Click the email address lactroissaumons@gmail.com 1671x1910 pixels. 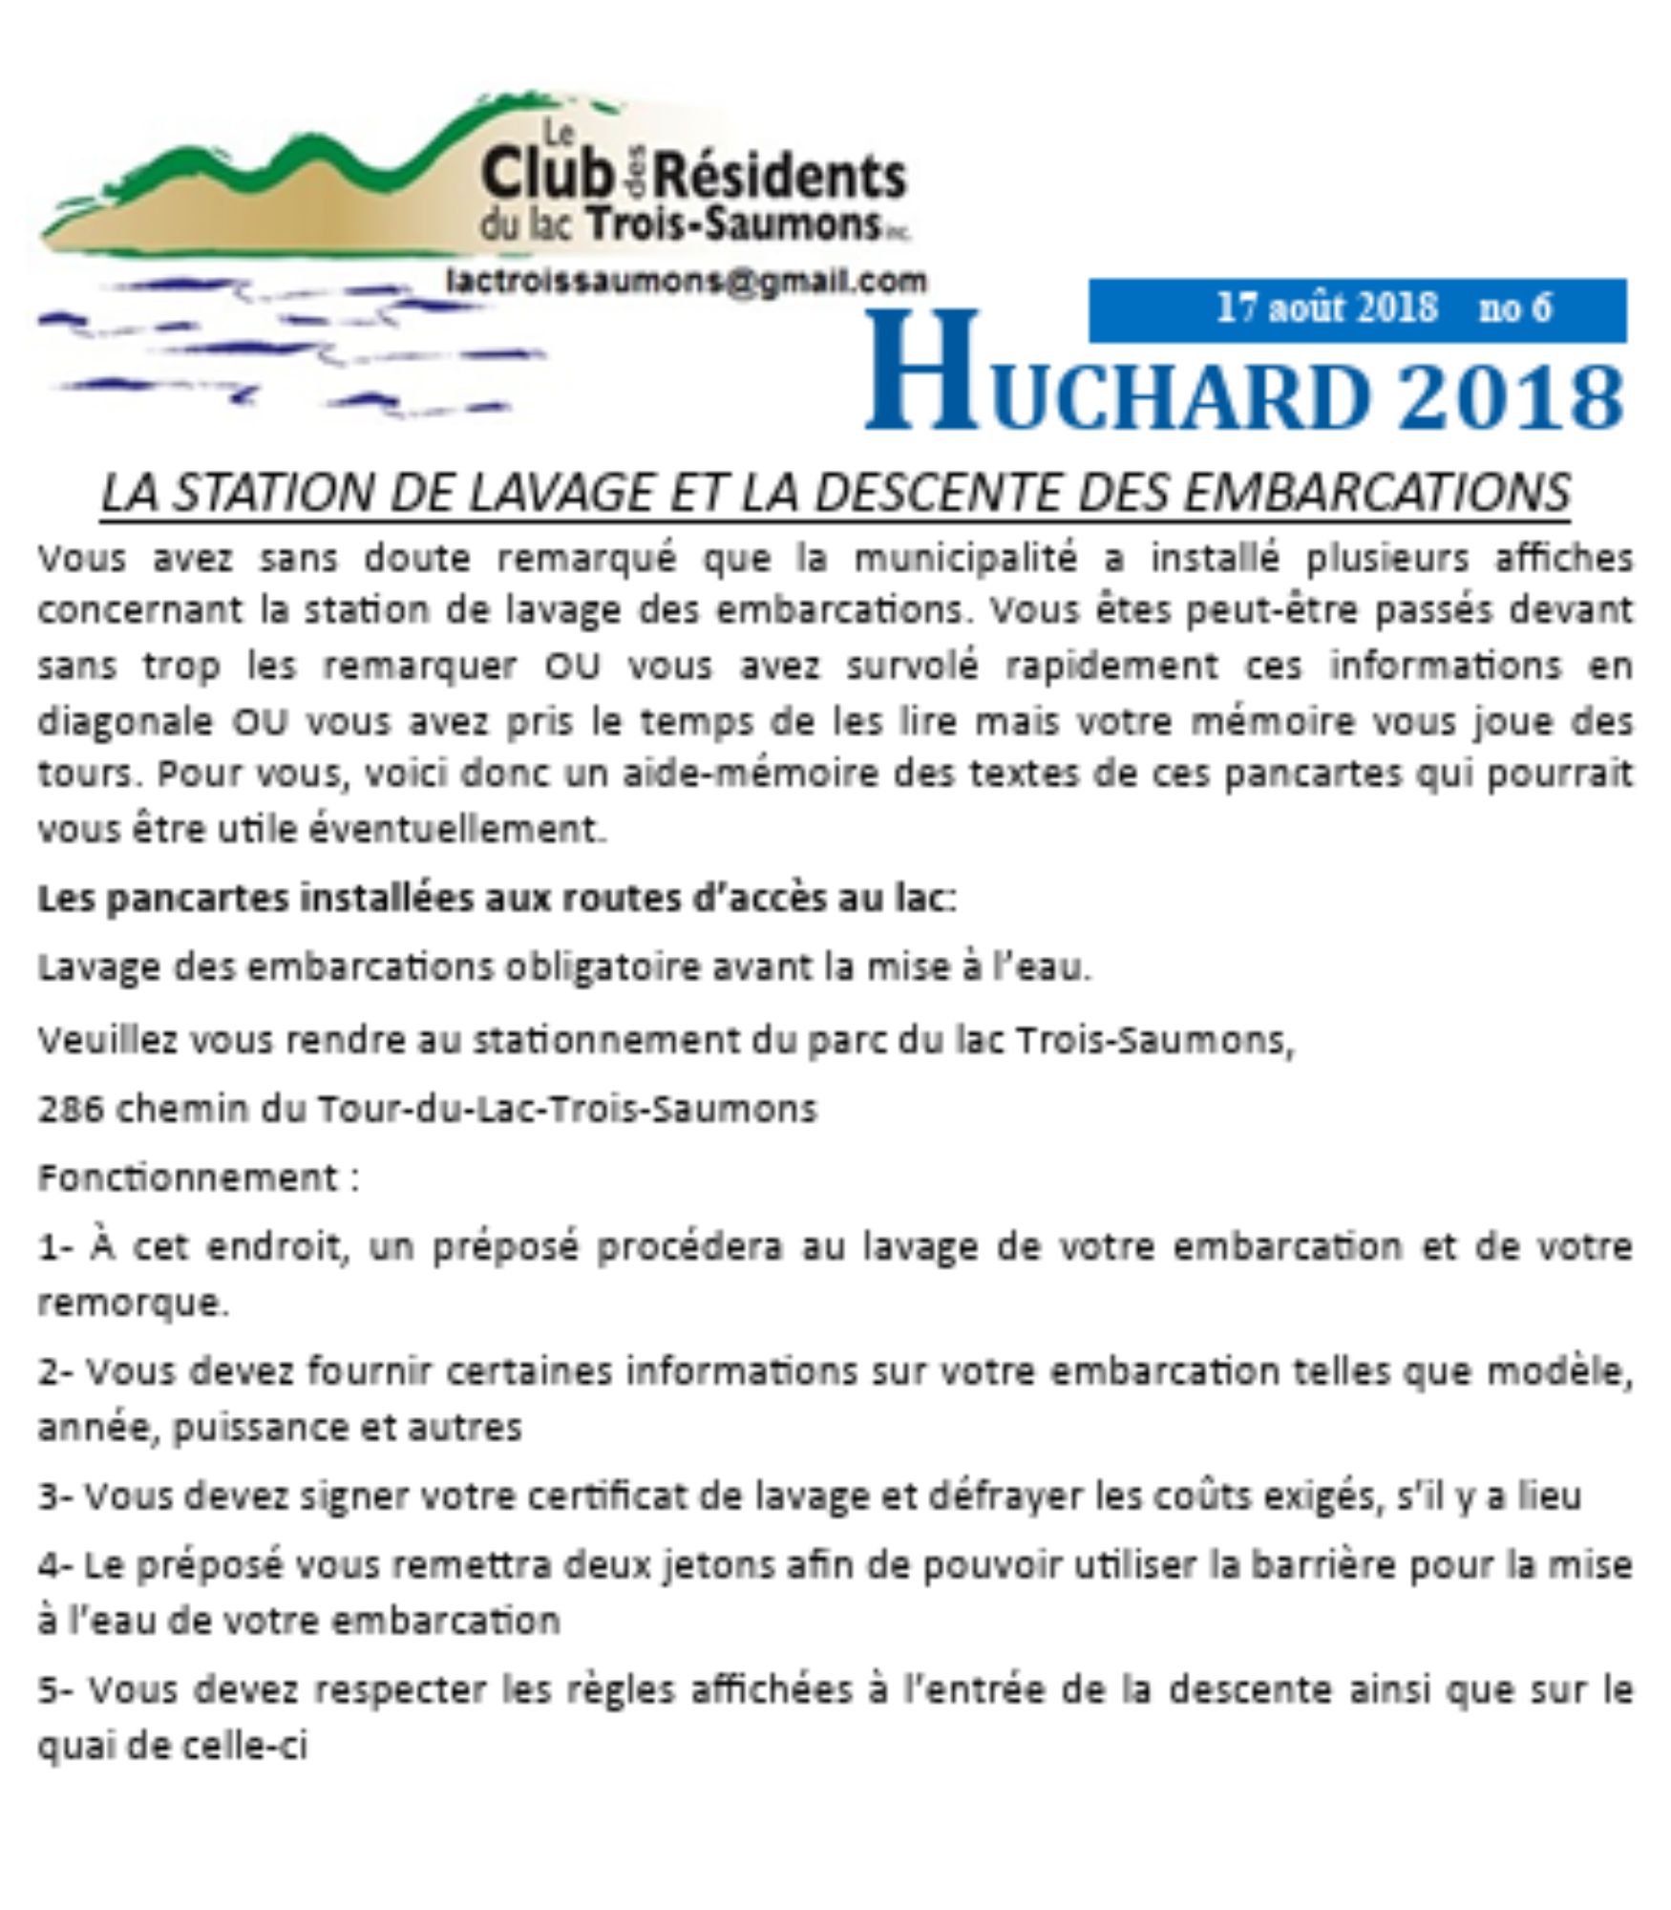coord(686,281)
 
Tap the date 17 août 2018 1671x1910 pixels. coord(1326,308)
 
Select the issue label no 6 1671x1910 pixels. coord(1515,308)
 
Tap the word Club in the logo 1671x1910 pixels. coord(545,178)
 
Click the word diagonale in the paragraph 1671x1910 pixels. coord(125,720)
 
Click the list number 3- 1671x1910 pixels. coord(56,1496)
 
